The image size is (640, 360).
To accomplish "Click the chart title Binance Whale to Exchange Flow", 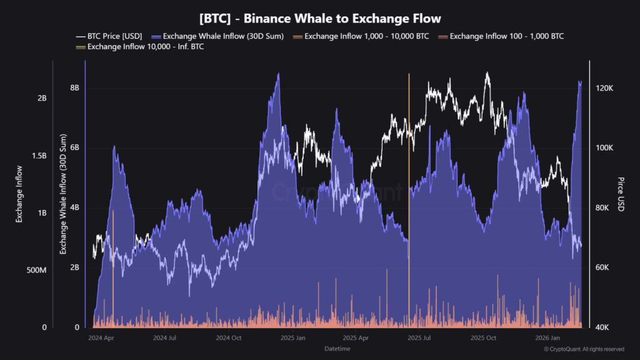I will (x=319, y=19).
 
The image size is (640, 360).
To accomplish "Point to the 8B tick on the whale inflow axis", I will (x=74, y=88).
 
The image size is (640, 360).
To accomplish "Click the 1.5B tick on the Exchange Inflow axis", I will (x=39, y=156).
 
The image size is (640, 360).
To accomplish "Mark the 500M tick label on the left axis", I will (x=36, y=270).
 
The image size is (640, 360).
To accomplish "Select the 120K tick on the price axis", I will (x=605, y=89).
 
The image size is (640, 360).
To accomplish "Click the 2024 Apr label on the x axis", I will (x=101, y=338).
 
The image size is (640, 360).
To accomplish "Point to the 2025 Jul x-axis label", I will (x=419, y=338).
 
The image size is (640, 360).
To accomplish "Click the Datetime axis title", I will (x=337, y=348).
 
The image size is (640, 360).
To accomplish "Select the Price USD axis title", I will (x=621, y=194).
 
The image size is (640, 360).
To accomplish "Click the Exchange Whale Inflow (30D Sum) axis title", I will (x=62, y=194).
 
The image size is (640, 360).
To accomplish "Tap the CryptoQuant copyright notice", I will (x=584, y=349).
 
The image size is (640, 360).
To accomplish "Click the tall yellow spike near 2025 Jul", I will (x=409, y=187).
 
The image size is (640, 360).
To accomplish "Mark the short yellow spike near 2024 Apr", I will (x=113, y=262).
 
